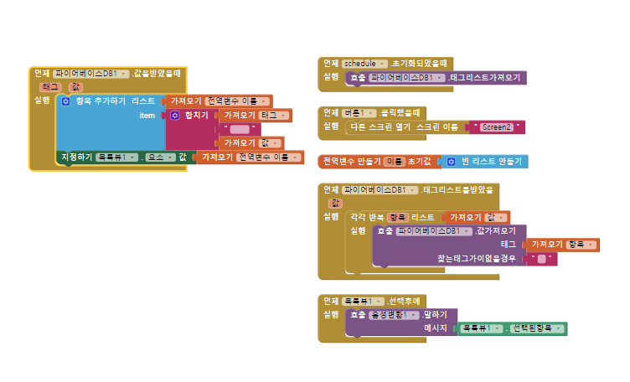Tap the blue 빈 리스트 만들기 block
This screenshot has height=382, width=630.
485,161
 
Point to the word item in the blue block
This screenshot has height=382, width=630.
147,115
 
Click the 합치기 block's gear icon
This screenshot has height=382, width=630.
175,115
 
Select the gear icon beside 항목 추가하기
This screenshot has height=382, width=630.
65,101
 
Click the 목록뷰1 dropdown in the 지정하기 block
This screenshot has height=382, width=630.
115,157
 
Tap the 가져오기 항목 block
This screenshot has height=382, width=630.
563,245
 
